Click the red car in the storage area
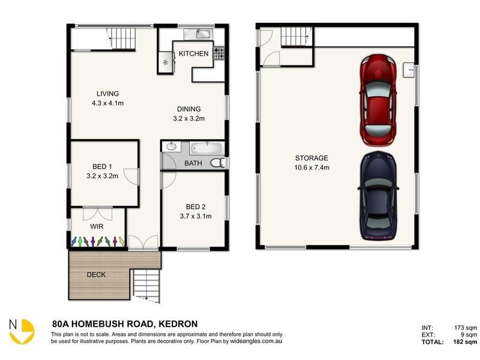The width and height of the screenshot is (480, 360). [x=377, y=100]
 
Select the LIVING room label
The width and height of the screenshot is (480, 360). [x=107, y=94]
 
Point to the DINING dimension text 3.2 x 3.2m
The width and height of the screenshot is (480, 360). [x=189, y=119]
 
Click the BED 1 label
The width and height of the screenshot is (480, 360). [x=101, y=166]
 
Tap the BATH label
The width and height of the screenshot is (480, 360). [x=193, y=163]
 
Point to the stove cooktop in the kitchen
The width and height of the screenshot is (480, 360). [x=219, y=53]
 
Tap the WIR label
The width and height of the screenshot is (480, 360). [x=97, y=227]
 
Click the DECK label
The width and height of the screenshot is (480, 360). [x=96, y=275]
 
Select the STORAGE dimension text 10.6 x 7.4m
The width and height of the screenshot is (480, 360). [x=311, y=167]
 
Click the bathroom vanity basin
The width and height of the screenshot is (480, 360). [x=172, y=146]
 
